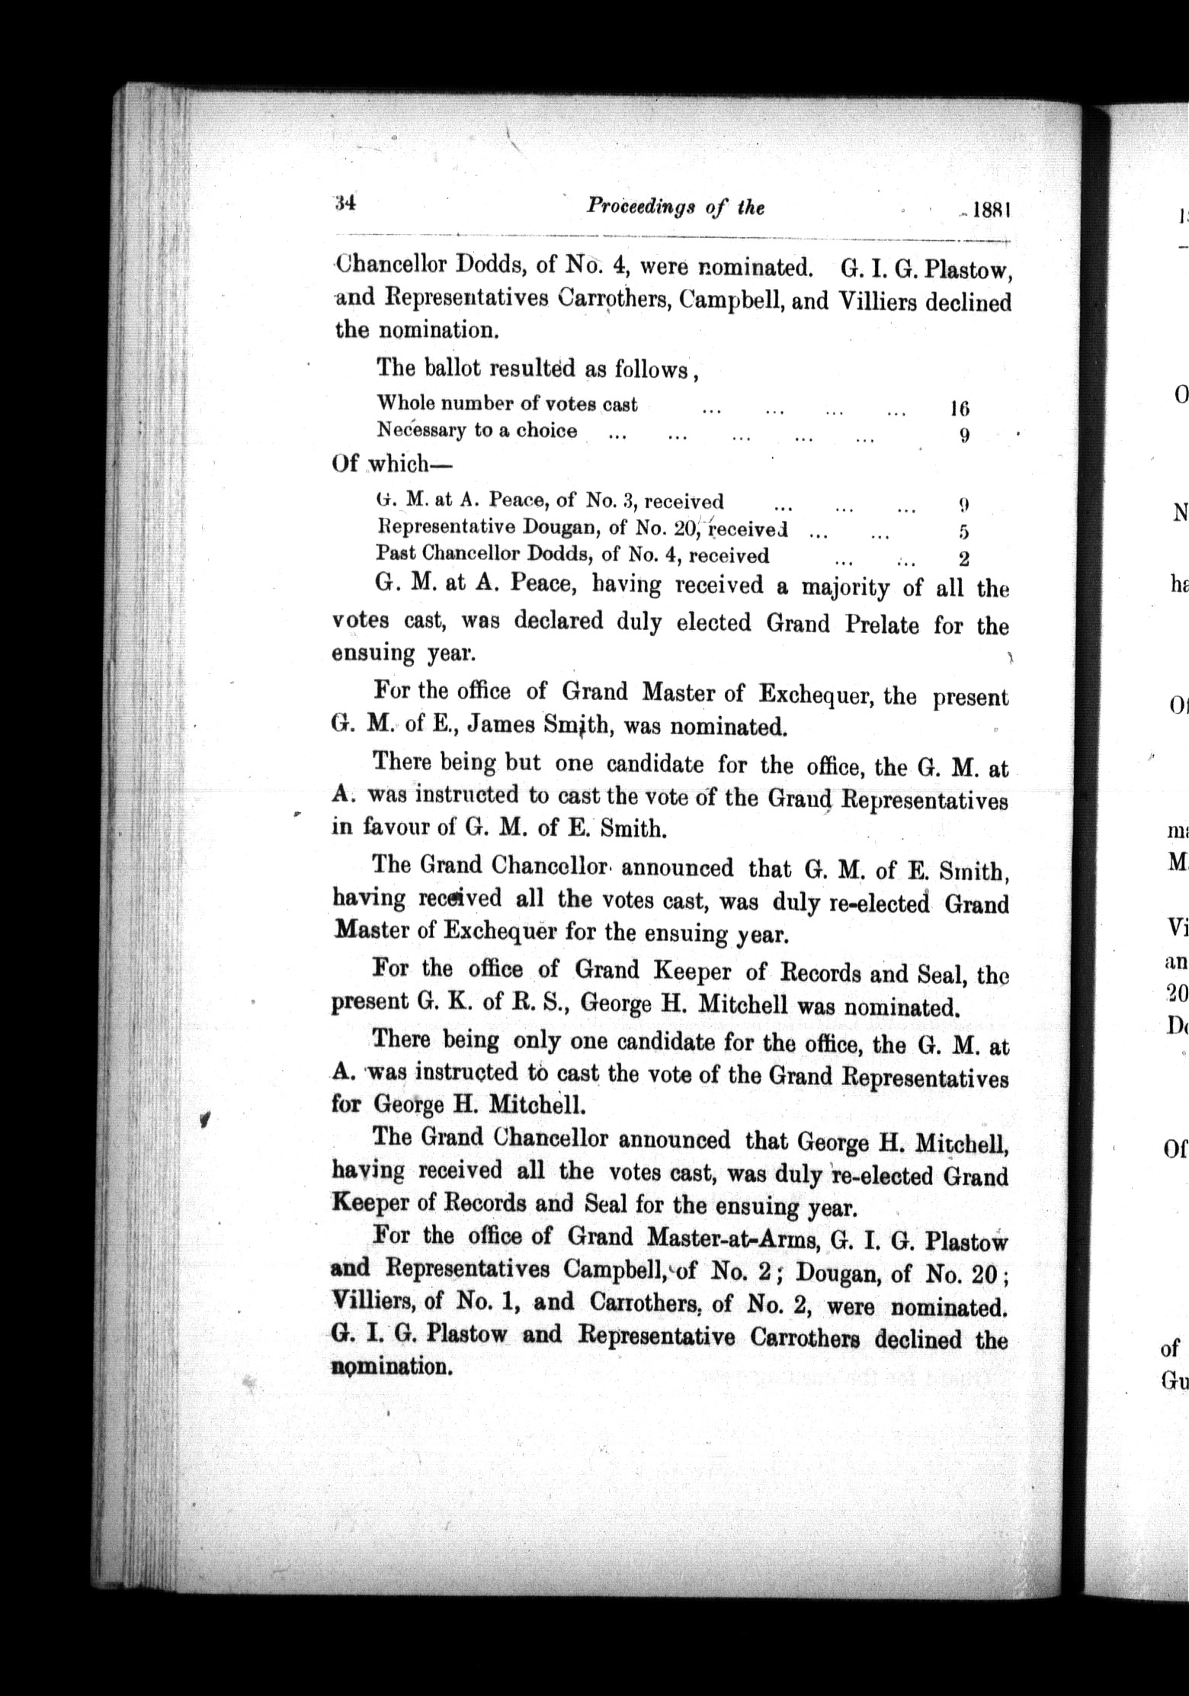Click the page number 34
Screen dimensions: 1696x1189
pyautogui.click(x=345, y=204)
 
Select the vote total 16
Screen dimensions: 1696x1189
pyautogui.click(x=959, y=409)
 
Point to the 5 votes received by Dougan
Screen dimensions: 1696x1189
pyautogui.click(x=964, y=532)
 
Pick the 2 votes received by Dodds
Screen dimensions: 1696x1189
pyautogui.click(x=963, y=559)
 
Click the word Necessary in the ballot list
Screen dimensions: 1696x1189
pyautogui.click(x=421, y=431)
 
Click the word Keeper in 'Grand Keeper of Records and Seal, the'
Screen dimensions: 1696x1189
pyautogui.click(x=691, y=972)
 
